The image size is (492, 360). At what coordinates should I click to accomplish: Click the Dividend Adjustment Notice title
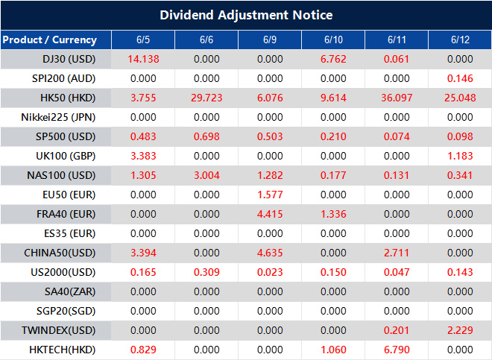click(246, 15)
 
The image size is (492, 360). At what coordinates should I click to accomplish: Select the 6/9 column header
click(269, 40)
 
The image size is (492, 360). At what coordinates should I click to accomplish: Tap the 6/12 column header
click(460, 40)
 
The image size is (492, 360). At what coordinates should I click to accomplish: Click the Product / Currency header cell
click(49, 40)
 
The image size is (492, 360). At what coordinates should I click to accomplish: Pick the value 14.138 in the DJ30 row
click(142, 59)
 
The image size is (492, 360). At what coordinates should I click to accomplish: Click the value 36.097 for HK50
click(397, 98)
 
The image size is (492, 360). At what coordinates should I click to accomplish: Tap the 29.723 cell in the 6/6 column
click(206, 98)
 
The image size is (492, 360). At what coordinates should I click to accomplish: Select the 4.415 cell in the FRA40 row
click(269, 214)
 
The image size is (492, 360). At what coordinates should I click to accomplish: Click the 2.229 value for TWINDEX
click(460, 330)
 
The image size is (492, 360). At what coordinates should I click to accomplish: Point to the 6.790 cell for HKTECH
click(397, 350)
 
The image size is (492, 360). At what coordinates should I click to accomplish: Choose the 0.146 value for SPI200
click(460, 78)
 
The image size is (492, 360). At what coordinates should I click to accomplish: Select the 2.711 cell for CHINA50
click(397, 253)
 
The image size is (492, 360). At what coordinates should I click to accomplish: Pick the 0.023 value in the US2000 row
click(269, 272)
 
